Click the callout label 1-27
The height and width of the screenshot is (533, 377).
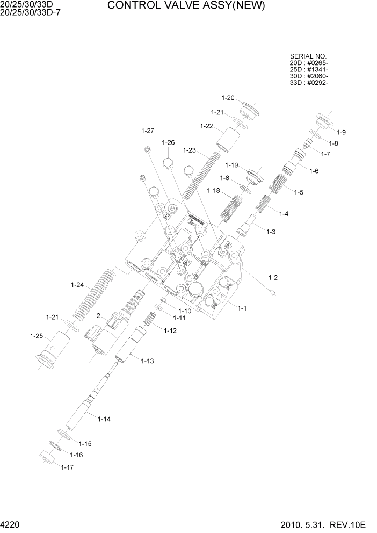148,131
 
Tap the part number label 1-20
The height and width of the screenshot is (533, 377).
228,98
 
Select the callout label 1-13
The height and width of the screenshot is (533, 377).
148,361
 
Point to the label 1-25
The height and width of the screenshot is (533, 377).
36,336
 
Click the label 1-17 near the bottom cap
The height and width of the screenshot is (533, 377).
67,467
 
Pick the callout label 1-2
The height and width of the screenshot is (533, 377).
273,277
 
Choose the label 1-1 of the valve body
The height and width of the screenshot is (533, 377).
242,308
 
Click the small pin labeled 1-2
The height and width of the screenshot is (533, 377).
273,292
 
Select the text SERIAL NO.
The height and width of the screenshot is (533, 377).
308,56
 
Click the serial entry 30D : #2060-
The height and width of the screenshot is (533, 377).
309,76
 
